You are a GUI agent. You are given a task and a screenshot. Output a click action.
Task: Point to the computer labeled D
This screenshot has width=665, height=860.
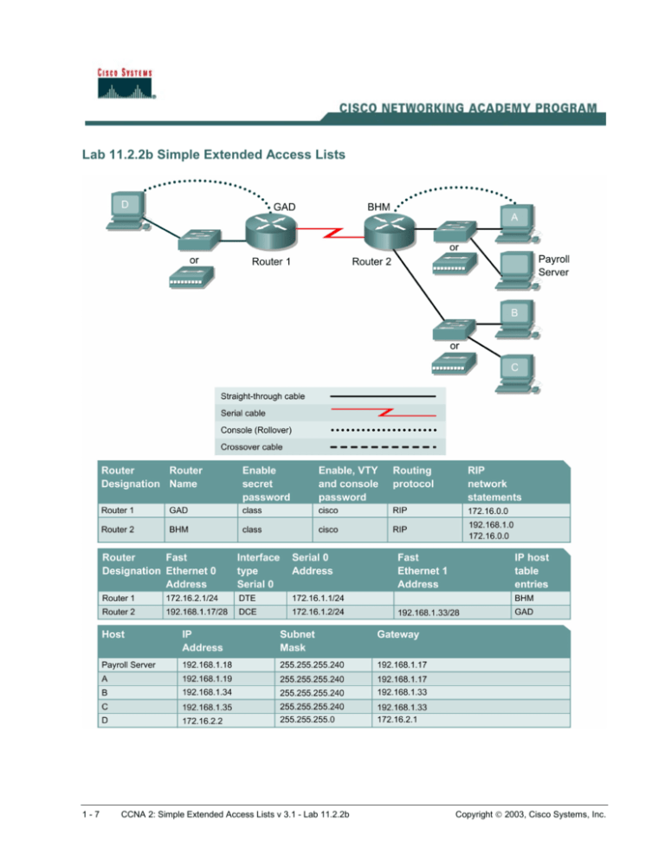tap(127, 211)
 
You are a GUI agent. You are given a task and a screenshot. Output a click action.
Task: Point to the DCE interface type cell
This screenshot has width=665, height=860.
tap(249, 611)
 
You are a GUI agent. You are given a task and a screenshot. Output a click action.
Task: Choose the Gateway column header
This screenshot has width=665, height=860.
tap(397, 634)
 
